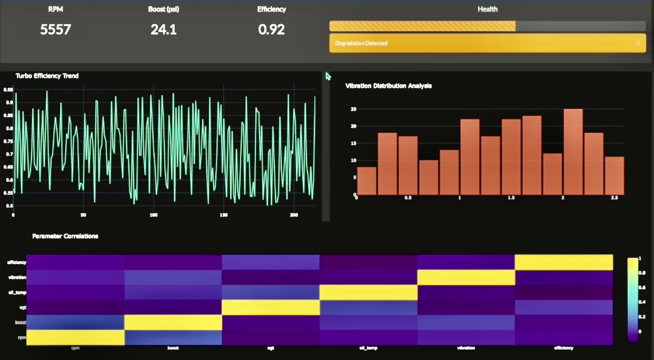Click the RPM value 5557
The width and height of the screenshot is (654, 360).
(55, 29)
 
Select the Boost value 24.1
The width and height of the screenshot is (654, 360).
(163, 29)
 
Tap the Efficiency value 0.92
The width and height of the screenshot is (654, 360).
(271, 29)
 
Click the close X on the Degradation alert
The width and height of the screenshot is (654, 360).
(638, 43)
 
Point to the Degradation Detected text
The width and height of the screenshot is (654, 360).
(361, 43)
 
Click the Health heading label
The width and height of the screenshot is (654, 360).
(487, 9)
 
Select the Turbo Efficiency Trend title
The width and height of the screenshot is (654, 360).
(47, 76)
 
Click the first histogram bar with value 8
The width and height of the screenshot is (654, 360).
(366, 181)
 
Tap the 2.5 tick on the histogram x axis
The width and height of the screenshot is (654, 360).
(614, 198)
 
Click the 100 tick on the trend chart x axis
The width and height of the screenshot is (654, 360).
(153, 215)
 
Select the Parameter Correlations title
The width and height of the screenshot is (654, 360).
(65, 236)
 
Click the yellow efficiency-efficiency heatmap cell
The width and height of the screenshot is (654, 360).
(563, 262)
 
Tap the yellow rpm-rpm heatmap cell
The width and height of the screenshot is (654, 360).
(75, 337)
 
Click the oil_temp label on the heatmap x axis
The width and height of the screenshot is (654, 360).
(369, 348)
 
